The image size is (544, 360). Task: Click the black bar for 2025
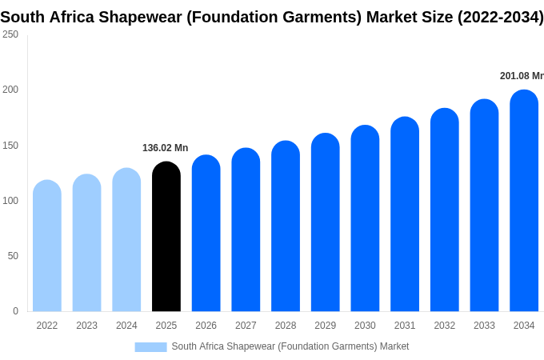point(166,236)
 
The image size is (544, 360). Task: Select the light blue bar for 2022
point(47,246)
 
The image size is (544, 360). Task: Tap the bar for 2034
point(524,201)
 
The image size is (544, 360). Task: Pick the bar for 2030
point(365,218)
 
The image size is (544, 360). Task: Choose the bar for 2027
point(246,230)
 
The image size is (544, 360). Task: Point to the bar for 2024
point(126,240)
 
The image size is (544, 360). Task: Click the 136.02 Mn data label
point(165,148)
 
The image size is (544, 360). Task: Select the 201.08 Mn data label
point(522,76)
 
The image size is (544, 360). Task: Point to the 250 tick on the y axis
point(10,34)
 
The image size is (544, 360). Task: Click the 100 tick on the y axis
point(10,201)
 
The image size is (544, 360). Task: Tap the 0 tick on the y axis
point(16,310)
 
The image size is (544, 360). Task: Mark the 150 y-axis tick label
point(10,146)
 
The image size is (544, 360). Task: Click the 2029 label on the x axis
point(325,326)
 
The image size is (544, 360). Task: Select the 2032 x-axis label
point(445,326)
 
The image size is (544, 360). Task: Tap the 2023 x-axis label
point(86,326)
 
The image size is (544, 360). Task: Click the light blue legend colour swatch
point(151,347)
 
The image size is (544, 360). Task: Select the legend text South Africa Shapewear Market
point(290,346)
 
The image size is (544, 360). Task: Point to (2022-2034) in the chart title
point(500,17)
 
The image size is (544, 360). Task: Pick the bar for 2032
point(445,210)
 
